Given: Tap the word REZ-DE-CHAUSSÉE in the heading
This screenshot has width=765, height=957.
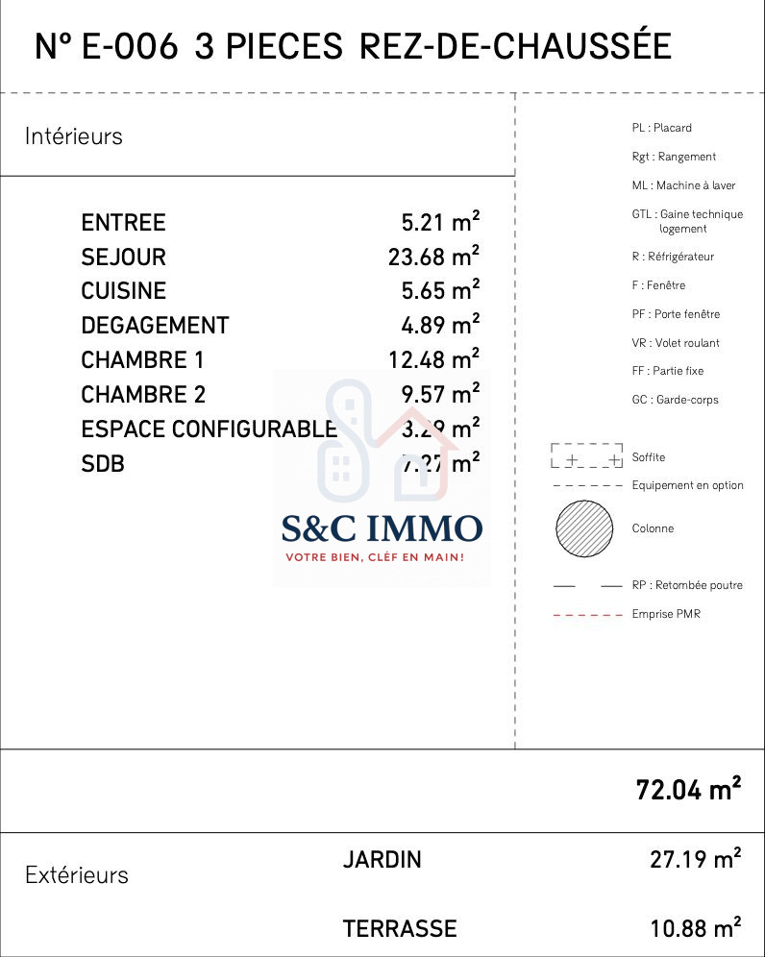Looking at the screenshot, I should coord(515,46).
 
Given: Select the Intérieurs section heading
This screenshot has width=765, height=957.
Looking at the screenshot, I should coord(74,136).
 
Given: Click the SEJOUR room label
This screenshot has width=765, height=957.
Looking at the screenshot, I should coord(123,258).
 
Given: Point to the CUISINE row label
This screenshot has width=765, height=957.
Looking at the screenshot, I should coord(123,291).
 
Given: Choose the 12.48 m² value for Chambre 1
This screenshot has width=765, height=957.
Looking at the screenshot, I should coord(432,360).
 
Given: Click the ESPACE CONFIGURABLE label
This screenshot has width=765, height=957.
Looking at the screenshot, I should coord(209,429).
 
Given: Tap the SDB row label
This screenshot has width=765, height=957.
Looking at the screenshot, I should coord(103,464).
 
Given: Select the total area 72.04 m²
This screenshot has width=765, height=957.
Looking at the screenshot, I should coord(688,790).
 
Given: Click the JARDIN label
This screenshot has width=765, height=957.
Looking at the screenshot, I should coord(382,860).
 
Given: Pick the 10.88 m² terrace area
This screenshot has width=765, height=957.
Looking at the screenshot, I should coord(695,929).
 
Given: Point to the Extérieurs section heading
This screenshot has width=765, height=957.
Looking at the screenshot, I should coord(77,875).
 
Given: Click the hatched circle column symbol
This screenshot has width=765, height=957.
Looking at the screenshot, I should coord(584,528).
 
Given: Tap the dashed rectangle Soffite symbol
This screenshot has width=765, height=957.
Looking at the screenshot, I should coord(586,455).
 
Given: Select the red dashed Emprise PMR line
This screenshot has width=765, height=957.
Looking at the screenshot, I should coord(587,614).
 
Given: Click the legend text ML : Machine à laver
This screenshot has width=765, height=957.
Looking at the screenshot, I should coord(683,185).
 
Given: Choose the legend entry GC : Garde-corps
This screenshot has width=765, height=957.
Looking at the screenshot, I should coord(675,400).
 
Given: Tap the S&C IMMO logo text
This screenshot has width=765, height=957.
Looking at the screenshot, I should coord(382,528).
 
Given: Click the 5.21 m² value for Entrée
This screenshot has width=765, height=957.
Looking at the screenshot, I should coord(440,223).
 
